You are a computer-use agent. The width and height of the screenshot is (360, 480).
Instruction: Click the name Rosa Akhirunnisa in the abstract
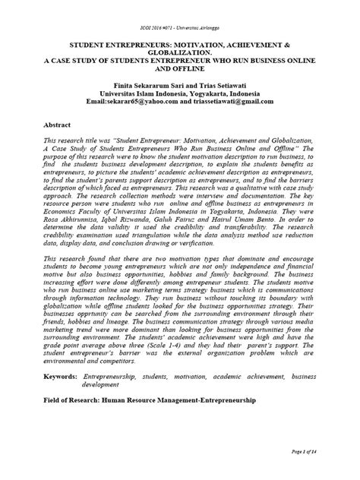pyautogui.click(x=74, y=212)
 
